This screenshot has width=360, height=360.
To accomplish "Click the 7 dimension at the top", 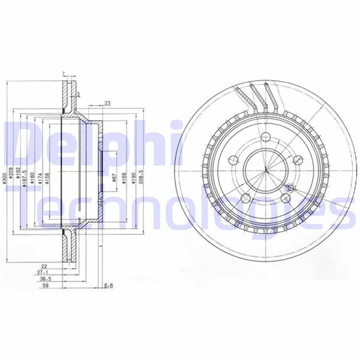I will (x=63, y=74).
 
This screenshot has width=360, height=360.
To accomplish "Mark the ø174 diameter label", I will (x=39, y=178).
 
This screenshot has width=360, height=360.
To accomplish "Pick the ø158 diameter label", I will (x=46, y=178).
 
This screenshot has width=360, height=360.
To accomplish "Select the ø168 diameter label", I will (x=125, y=178).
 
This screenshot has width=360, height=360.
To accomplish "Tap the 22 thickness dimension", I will (x=44, y=266).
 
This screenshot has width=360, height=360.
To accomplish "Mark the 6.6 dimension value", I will (x=109, y=285).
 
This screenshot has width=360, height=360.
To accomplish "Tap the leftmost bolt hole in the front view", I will (x=232, y=161).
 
